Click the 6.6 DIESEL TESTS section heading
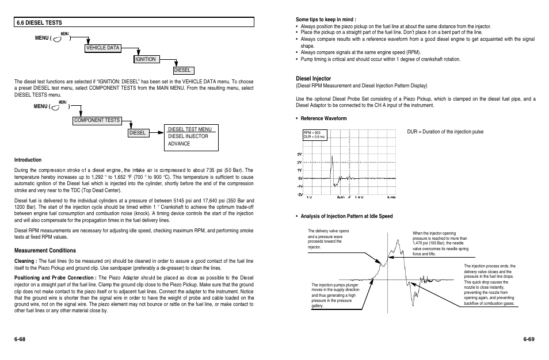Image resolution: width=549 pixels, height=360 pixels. pos(39,22)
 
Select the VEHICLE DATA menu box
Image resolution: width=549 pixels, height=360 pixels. pos(102,48)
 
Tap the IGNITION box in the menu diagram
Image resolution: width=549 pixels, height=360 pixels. pos(146,59)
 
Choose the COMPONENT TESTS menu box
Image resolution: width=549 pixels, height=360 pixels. pos(97,120)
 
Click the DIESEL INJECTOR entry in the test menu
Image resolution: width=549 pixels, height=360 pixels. pos(188,136)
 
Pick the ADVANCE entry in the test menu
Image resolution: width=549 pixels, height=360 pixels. pos(179,144)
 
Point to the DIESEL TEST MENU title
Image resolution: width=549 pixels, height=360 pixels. pos(190,129)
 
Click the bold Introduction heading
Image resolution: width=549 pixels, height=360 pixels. pos(28,160)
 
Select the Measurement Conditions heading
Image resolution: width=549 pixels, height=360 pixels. pos(45,251)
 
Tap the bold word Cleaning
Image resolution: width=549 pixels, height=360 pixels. pos(25,261)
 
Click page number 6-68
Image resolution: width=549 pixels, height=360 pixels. pos(20,339)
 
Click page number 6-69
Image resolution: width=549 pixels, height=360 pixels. pos(528,339)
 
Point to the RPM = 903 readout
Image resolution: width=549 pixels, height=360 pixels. pos(311,133)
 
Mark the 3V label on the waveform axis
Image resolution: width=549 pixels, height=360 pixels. pos(299,155)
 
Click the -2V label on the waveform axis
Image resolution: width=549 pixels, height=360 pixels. pos(299,194)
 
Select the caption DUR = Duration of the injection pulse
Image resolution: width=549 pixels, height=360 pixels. pos(445,132)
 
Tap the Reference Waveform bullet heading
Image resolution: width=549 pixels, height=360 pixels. pos(323,118)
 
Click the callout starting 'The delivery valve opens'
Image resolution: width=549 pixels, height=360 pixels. pos(329,239)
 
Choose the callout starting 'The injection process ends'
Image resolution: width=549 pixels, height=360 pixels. pos(489,285)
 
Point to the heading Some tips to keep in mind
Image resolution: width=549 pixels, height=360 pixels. pos(326,20)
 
